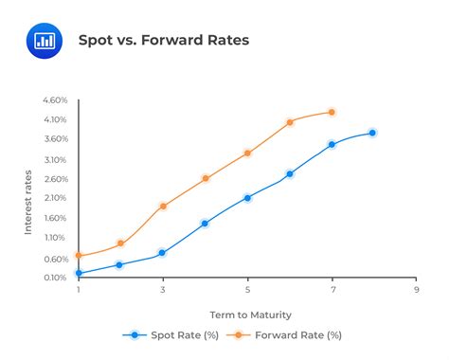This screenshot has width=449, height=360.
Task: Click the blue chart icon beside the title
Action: (43, 40)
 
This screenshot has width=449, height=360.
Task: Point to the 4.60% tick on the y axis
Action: (55, 99)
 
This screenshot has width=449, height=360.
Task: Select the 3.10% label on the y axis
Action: (55, 159)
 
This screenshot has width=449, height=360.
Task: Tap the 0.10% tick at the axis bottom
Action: (55, 278)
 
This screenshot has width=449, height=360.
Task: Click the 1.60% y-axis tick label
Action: (55, 218)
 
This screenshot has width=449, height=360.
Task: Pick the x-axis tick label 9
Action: (416, 291)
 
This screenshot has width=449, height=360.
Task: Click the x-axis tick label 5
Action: (247, 291)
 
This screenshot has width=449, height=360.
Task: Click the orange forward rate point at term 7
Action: (332, 112)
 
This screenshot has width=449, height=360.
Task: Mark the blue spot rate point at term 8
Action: (372, 133)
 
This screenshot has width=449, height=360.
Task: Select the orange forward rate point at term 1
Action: (79, 256)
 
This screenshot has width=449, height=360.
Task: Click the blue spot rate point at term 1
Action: (79, 273)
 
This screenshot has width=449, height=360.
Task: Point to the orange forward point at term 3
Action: (163, 206)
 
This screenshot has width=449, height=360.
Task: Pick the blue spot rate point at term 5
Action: (247, 198)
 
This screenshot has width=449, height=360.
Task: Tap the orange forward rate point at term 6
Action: (290, 122)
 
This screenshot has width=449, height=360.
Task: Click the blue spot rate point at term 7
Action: (332, 144)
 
